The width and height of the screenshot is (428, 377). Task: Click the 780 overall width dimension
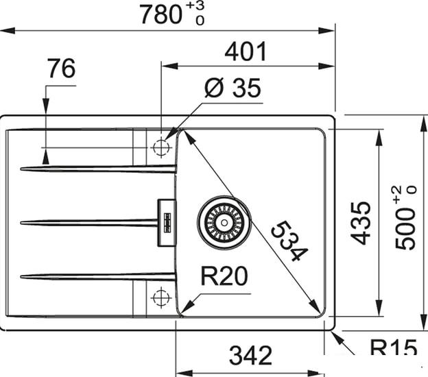pos(162,14)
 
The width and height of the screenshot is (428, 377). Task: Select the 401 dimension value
pos(245,51)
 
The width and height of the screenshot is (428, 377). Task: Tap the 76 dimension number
pos(61,69)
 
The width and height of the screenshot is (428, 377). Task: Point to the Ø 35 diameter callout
pos(233,88)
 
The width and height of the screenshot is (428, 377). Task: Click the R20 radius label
pos(224,276)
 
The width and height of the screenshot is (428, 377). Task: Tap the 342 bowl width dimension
pos(250,355)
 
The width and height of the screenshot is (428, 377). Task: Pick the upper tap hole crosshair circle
pos(160,147)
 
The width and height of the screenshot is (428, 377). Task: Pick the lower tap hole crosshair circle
pos(160,297)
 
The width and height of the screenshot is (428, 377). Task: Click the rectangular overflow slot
pos(166,222)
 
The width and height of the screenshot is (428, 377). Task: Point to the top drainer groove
pos(96,169)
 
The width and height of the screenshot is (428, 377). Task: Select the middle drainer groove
pos(89,222)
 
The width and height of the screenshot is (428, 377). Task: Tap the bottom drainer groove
pos(96,276)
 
